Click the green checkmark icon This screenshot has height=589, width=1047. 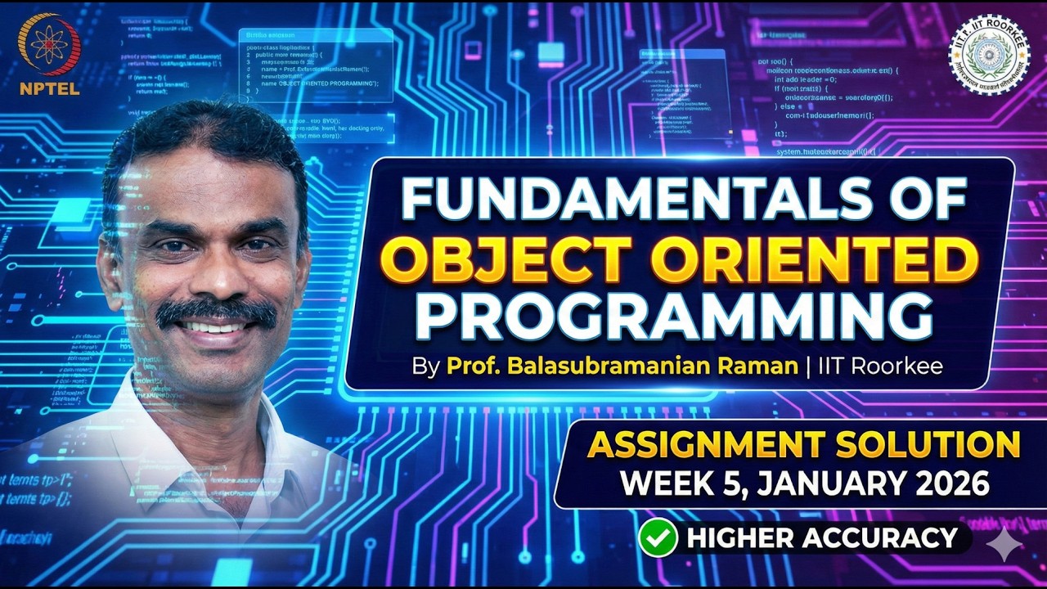point(658,538)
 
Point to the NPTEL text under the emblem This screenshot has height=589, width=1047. point(50,88)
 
